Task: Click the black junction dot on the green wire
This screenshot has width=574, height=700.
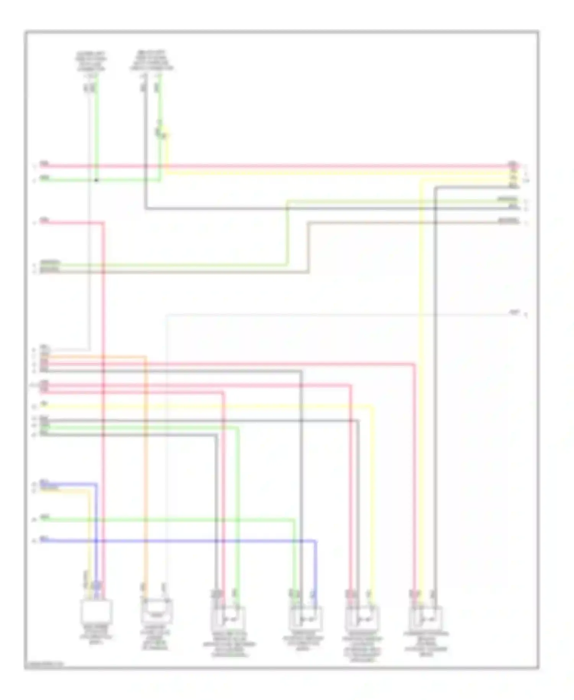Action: [96, 180]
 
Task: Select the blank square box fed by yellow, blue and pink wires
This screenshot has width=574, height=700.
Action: [96, 610]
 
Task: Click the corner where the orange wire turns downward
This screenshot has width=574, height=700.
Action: [145, 357]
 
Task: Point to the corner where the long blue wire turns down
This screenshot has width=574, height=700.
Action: [316, 541]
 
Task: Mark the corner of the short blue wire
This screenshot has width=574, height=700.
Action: [96, 484]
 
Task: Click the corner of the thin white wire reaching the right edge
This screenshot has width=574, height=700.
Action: [167, 315]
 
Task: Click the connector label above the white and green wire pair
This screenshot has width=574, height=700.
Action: [91, 61]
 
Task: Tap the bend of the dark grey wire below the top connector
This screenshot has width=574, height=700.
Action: [146, 209]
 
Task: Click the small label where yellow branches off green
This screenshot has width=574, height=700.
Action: [158, 132]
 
